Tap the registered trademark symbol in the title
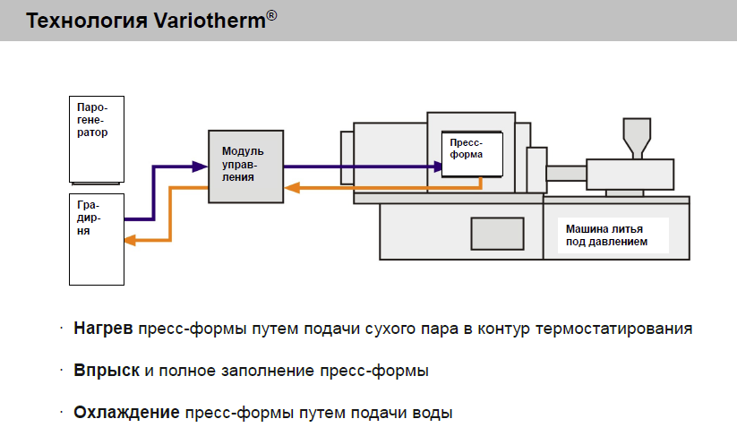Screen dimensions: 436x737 271,14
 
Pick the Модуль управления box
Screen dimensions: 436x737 244,167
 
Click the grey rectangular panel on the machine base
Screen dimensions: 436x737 498,233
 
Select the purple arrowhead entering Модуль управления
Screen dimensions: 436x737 200,166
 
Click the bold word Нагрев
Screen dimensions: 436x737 103,329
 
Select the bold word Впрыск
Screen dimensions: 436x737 106,371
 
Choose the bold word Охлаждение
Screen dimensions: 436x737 126,413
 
